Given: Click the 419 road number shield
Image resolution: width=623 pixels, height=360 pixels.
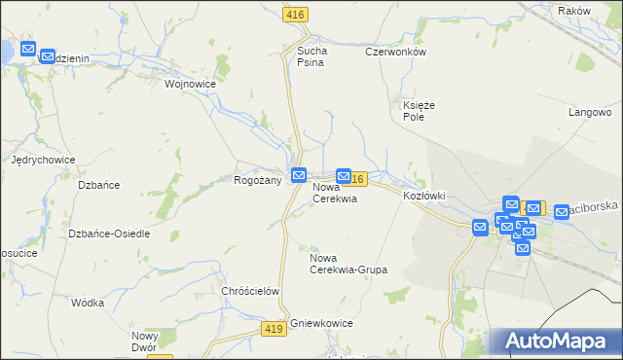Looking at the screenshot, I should pos(274,331).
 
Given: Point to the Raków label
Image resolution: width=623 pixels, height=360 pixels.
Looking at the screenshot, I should pos(575,10).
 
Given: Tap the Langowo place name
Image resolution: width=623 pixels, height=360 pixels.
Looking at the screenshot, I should pos(588,112).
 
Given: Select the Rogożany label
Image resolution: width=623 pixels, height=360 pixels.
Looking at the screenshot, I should pos(258,180).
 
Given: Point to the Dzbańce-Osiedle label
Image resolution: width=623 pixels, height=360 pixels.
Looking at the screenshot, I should pos(109,234).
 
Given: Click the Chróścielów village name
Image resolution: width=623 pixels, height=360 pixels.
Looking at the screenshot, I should pos(251,291).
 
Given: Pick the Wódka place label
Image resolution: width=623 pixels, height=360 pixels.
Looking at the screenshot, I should pos(88,303).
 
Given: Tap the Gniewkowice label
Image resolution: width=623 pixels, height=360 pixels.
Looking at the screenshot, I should pos(321,323).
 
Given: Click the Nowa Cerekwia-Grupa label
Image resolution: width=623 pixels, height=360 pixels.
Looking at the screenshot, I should pos(348,263).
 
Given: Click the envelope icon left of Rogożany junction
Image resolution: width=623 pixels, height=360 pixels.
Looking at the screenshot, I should pos(300,175).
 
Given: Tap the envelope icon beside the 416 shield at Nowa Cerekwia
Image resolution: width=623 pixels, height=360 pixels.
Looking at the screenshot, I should pos(344,176).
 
